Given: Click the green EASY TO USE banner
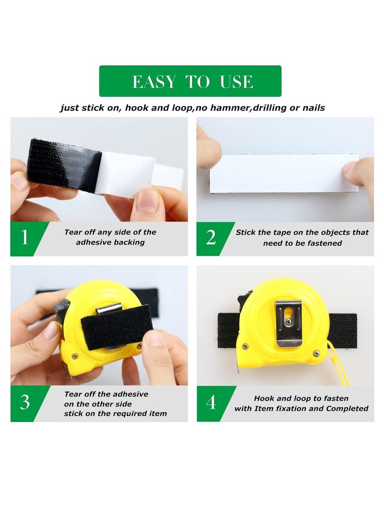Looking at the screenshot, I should coord(190,81).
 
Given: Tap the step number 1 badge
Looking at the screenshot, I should coord(24,237).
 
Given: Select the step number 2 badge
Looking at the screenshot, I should coord(211,237).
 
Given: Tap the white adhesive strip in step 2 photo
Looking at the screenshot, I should coord(284,173).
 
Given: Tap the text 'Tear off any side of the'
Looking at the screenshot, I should coord(110,232).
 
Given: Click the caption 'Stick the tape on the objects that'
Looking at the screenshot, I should coord(302,232).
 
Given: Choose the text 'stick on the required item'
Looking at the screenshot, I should coord(116,414).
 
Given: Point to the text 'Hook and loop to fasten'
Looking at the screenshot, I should coord(301,398).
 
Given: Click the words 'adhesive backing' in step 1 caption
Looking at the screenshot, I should coord(110,243).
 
